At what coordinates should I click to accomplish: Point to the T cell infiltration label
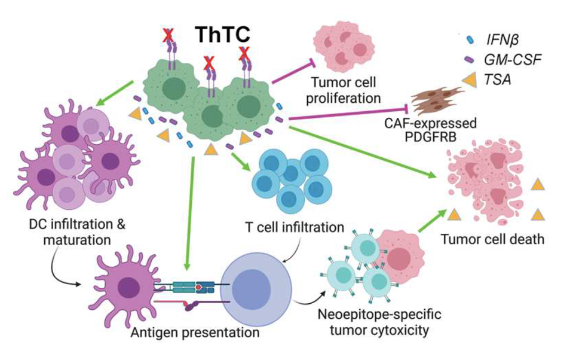(x=295, y=227)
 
